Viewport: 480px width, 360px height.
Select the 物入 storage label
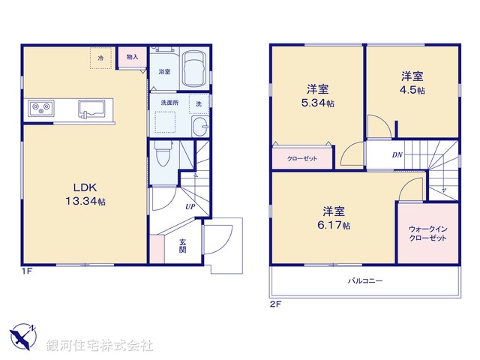click(132, 57)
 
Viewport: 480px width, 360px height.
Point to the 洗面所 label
click(168, 102)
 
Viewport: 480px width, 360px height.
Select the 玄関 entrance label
click(182, 245)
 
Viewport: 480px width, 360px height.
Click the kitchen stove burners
click(40, 109)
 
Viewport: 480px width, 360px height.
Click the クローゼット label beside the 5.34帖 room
click(301, 159)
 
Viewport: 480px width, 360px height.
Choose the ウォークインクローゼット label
click(427, 232)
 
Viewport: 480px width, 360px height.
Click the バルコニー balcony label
click(364, 280)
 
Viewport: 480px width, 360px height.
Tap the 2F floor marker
click(274, 304)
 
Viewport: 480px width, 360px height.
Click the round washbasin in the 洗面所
click(200, 125)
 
